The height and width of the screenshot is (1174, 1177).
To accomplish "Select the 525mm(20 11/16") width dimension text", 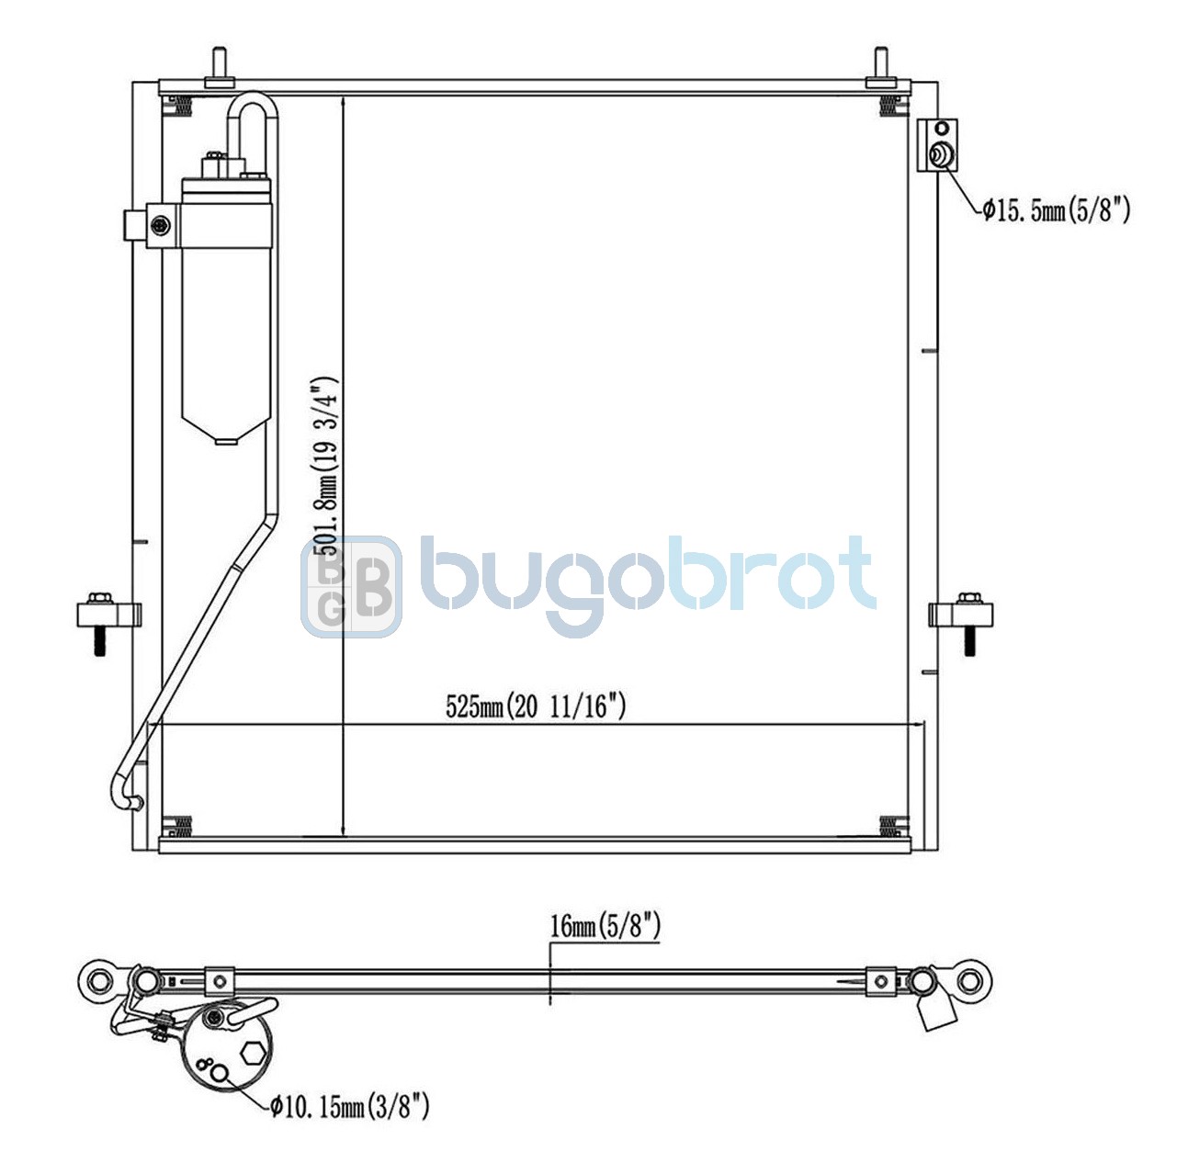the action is [x=536, y=707].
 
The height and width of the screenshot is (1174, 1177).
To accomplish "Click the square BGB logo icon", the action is [x=351, y=587].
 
